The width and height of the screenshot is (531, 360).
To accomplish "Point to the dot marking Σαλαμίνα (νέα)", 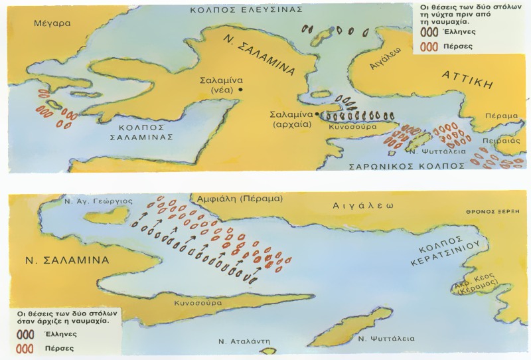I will coord(242,89).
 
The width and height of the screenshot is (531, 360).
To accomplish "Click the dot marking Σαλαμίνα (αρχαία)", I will coord(316,115).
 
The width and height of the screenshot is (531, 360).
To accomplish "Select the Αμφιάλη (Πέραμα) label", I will coord(236,199).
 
